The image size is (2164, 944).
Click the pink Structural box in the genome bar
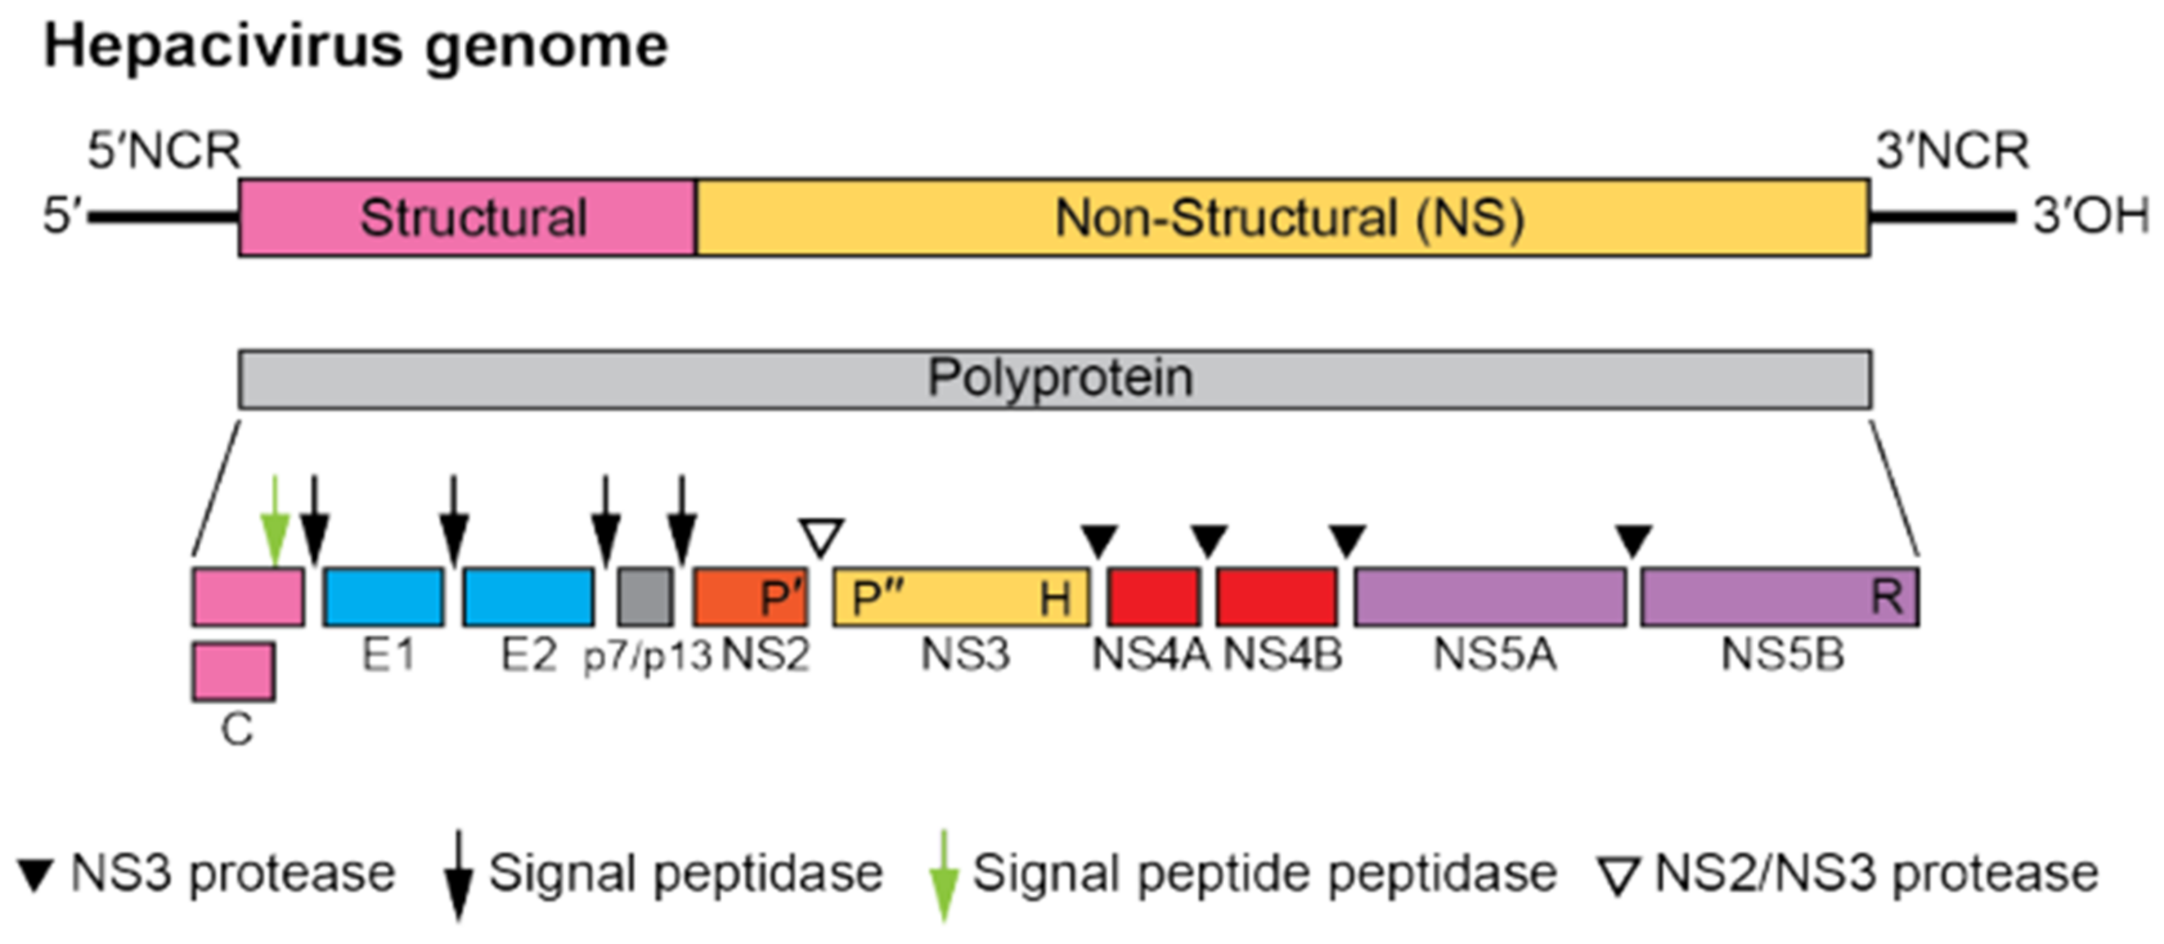467,217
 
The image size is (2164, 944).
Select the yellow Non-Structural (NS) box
1282,217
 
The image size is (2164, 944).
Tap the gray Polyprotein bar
1055,379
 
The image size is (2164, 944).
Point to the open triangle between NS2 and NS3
821,536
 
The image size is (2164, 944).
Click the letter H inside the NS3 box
1055,598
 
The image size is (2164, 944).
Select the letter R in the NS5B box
1887,596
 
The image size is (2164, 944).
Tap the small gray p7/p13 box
645,596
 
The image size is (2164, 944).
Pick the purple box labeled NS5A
1489,596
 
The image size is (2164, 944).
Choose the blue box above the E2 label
528,596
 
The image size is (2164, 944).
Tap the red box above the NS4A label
1153,596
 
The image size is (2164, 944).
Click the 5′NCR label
164,151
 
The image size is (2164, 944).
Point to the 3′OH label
2090,216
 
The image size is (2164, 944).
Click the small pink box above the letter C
233,671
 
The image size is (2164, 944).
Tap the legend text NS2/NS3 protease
1875,873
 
